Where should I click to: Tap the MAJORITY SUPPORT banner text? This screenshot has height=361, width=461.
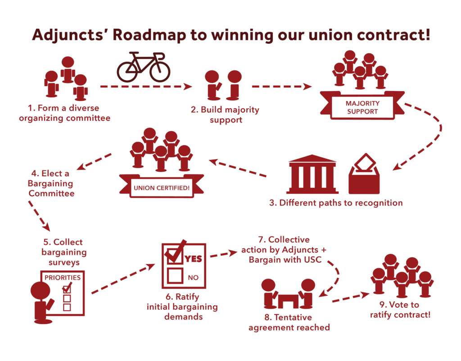pyautogui.click(x=362, y=107)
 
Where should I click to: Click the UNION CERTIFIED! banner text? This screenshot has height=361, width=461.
pyautogui.click(x=162, y=187)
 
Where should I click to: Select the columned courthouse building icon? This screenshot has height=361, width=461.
pyautogui.click(x=312, y=174)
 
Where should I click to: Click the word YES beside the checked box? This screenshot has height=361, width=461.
pyautogui.click(x=193, y=259)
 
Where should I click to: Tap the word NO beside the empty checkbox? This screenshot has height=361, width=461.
pyautogui.click(x=193, y=278)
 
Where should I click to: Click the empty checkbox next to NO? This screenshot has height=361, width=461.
pyautogui.click(x=175, y=276)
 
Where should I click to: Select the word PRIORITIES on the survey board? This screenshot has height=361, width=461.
pyautogui.click(x=62, y=278)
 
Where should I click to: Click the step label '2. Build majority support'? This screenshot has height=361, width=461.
pyautogui.click(x=225, y=115)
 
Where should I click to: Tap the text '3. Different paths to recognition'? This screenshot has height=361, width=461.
pyautogui.click(x=336, y=203)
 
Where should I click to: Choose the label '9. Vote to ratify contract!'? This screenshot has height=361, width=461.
pyautogui.click(x=400, y=310)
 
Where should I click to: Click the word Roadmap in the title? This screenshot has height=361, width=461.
pyautogui.click(x=149, y=35)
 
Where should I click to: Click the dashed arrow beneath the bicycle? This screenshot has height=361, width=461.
pyautogui.click(x=146, y=87)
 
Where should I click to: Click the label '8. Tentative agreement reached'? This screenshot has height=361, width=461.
pyautogui.click(x=289, y=322)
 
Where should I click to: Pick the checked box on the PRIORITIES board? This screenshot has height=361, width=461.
pyautogui.click(x=67, y=289)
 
